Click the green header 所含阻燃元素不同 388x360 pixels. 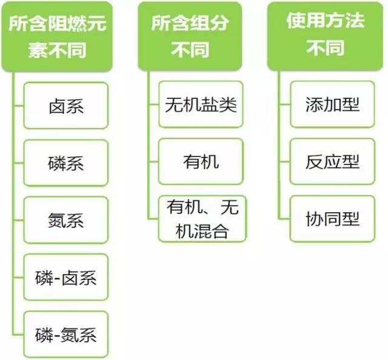point(57,36)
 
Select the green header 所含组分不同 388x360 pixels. point(190,36)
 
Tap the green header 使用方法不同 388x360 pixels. point(325,36)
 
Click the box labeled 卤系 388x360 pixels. point(66,105)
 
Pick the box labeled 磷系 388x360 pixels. point(66,163)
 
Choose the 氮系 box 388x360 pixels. point(66,220)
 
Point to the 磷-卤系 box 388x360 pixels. point(66,277)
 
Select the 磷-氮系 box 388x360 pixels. point(66,335)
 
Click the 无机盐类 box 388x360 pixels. point(201,104)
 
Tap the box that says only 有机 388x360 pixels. point(201,162)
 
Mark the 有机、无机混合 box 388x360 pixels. point(202,219)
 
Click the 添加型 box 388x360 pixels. point(332,104)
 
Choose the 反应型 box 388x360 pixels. point(332,162)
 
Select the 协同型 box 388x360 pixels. point(332,219)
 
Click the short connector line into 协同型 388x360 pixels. point(284,219)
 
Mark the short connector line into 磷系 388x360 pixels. point(19,163)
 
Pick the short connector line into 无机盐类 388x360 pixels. point(154,104)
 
